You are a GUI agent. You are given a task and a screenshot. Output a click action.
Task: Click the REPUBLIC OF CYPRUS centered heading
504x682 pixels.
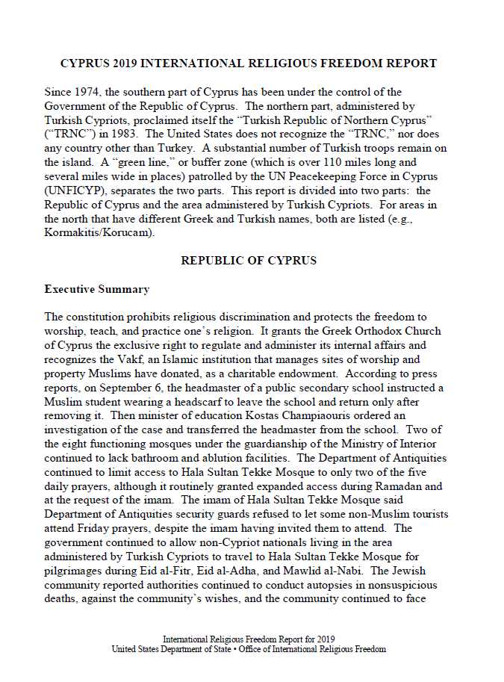coord(249,261)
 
